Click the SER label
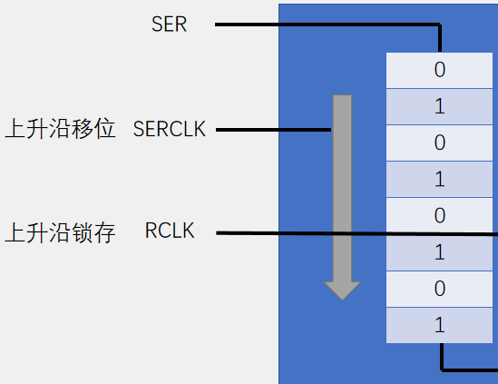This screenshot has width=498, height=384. click(x=170, y=25)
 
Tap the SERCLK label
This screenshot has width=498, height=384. click(x=170, y=130)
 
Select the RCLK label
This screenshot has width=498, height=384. click(x=170, y=232)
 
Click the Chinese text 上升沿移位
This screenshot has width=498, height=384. click(x=61, y=129)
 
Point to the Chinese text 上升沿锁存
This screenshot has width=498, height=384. click(x=61, y=232)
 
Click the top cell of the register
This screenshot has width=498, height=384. click(x=440, y=70)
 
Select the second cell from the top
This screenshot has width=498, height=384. click(x=440, y=106)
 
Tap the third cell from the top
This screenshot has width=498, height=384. click(x=440, y=143)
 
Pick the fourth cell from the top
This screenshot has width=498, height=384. click(x=440, y=179)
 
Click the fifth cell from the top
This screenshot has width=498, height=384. click(x=440, y=215)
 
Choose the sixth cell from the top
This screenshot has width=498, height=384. click(x=440, y=251)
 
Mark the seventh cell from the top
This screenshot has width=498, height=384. click(x=440, y=288)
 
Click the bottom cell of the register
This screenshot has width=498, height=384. click(x=440, y=324)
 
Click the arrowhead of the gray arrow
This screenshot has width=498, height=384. click(x=342, y=290)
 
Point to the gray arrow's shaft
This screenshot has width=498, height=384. click(x=342, y=182)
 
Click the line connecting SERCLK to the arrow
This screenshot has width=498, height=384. click(x=272, y=130)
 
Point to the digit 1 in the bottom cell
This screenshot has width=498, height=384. click(x=440, y=324)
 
